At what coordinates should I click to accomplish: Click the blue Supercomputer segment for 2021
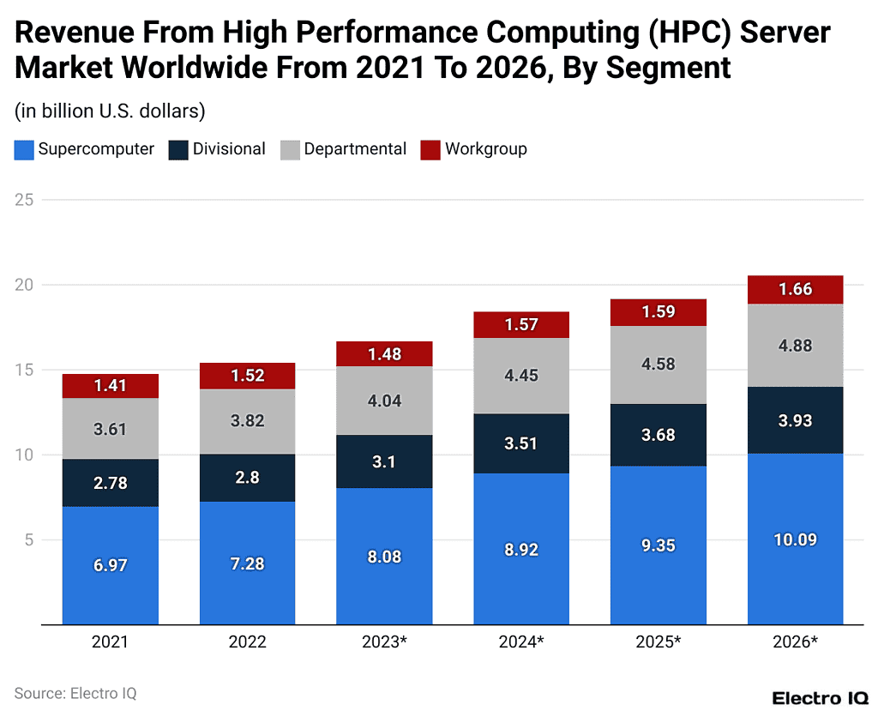(111, 565)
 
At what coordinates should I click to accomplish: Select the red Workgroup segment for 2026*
(795, 290)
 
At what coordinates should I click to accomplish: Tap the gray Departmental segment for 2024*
(521, 376)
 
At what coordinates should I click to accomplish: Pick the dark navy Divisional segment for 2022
(247, 478)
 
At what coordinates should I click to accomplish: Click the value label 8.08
(384, 557)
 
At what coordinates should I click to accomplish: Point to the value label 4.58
(658, 364)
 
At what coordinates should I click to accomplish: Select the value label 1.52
(247, 375)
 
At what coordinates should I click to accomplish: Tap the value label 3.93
(795, 421)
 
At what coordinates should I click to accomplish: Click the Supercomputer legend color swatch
(24, 150)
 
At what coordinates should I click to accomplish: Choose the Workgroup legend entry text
(485, 149)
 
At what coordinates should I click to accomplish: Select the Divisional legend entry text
(229, 149)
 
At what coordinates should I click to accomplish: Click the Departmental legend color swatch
(291, 150)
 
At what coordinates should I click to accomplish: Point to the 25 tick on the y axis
(24, 200)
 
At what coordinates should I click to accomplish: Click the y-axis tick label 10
(24, 455)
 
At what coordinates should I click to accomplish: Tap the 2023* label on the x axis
(384, 642)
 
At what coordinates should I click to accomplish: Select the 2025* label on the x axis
(658, 642)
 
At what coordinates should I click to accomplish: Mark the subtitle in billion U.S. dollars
(109, 111)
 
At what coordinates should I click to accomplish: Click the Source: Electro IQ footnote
(75, 693)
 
